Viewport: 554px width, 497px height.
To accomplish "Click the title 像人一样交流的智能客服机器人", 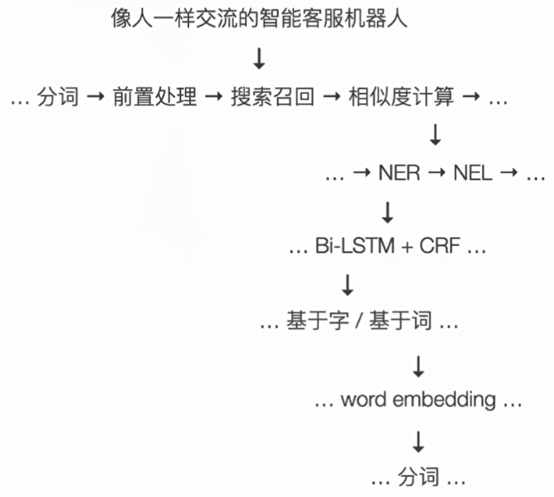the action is (x=259, y=18).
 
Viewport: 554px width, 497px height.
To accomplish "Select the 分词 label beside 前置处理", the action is (x=58, y=98).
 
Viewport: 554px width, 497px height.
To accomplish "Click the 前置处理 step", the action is (x=154, y=98).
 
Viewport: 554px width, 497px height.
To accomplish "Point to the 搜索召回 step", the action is (x=273, y=98).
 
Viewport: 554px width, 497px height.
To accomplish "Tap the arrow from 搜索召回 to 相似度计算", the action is (x=332, y=98).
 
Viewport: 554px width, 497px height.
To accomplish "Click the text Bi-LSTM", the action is (x=354, y=247).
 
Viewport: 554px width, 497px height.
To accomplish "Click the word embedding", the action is (x=418, y=399).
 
